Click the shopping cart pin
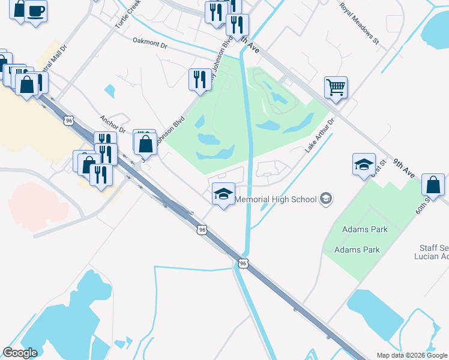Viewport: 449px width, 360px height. point(336,86)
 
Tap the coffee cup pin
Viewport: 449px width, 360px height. point(35,10)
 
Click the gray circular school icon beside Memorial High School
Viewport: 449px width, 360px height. point(326,199)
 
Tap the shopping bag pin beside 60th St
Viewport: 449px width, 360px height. point(433,185)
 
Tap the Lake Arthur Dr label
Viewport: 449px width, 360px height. point(319,135)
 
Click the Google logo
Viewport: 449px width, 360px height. point(20,353)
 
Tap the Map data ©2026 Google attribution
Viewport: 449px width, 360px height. point(412,355)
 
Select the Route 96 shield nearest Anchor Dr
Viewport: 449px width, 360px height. point(70,121)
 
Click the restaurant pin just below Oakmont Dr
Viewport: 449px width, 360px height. point(199,79)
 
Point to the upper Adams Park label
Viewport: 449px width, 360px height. point(364,229)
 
